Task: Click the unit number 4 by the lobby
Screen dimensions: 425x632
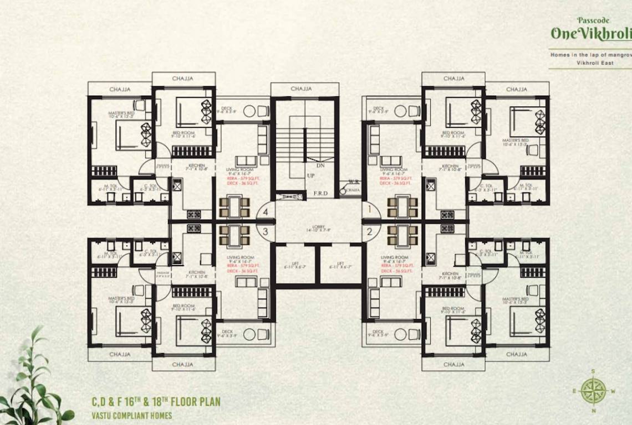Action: pyautogui.click(x=266, y=211)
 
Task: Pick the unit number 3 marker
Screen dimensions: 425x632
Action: pyautogui.click(x=266, y=231)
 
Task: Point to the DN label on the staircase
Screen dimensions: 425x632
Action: pyautogui.click(x=320, y=165)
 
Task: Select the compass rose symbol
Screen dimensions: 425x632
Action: pyautogui.click(x=593, y=390)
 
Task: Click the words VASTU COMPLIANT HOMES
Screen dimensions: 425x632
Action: pyautogui.click(x=132, y=415)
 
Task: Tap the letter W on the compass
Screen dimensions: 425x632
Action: pyautogui.click(x=614, y=391)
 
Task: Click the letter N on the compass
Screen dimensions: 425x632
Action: pyautogui.click(x=593, y=411)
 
